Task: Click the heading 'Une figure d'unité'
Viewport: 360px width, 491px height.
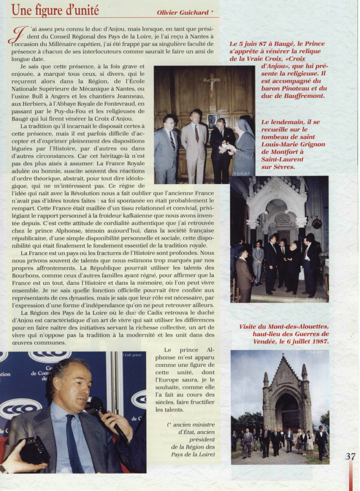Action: (x=55, y=10)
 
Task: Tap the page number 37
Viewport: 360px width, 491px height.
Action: (x=350, y=456)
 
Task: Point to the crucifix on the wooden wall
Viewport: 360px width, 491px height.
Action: (x=211, y=83)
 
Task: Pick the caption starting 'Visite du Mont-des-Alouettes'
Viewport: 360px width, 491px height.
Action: (x=284, y=334)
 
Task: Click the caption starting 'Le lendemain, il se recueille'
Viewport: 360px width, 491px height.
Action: (x=293, y=144)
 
